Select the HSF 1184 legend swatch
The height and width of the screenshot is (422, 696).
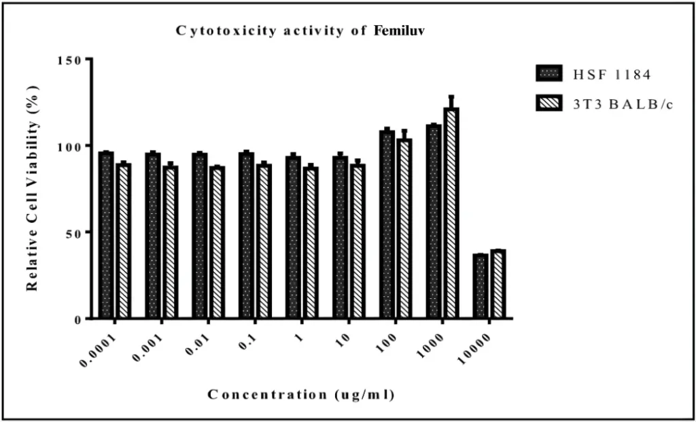pyautogui.click(x=549, y=74)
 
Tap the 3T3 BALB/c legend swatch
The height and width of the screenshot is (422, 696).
pyautogui.click(x=549, y=103)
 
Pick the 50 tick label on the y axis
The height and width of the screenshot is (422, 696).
pyautogui.click(x=79, y=232)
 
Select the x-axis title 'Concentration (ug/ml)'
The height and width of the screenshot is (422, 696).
pyautogui.click(x=300, y=394)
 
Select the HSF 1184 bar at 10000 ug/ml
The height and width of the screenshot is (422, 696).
pyautogui.click(x=481, y=286)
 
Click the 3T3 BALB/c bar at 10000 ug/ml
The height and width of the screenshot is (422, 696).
pyautogui.click(x=498, y=284)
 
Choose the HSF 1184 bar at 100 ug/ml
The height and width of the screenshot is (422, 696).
pyautogui.click(x=387, y=224)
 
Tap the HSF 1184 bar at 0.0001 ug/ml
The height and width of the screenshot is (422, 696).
pyautogui.click(x=106, y=235)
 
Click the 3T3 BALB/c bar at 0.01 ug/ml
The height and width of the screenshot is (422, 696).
pyautogui.click(x=217, y=243)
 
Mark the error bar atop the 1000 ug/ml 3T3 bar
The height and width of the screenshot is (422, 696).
pyautogui.click(x=451, y=102)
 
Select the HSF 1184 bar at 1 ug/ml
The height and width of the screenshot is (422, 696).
pyautogui.click(x=293, y=237)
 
